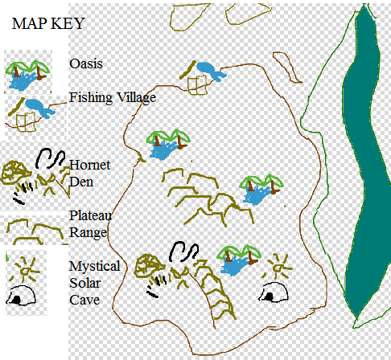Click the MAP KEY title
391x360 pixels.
click(48, 23)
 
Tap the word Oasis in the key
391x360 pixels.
click(86, 63)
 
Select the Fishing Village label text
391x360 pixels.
click(113, 98)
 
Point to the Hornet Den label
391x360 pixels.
click(89, 174)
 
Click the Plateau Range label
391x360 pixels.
click(91, 224)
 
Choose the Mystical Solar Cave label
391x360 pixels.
click(95, 283)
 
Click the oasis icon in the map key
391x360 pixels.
click(27, 75)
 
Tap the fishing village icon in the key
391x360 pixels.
click(31, 115)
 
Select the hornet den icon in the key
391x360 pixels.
click(34, 175)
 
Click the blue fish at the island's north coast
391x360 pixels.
click(211, 71)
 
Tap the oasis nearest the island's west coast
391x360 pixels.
click(168, 144)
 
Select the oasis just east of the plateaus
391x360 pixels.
click(261, 189)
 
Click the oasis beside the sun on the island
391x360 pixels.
click(239, 260)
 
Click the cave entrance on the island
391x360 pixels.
click(274, 292)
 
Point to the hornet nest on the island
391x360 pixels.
click(149, 266)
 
